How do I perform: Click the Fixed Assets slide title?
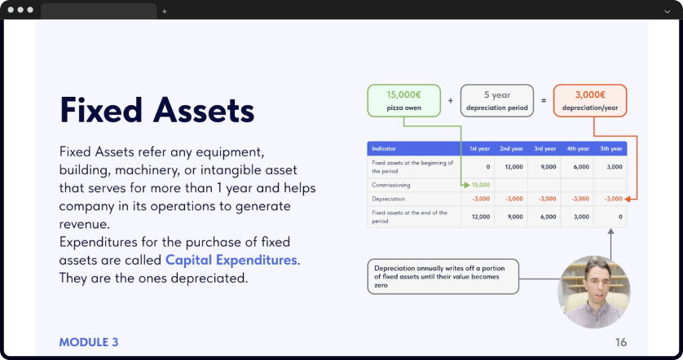pos(156,110)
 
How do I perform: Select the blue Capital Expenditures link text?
pos(231,260)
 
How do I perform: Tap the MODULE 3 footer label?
pos(89,342)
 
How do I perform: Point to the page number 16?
pos(621,342)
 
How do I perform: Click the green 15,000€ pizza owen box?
pos(403,100)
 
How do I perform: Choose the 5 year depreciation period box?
pos(497,100)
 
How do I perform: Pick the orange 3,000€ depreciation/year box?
pos(590,100)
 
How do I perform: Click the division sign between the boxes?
pos(451,100)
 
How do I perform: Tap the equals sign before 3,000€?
pos(544,100)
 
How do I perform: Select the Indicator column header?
pos(384,148)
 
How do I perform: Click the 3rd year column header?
pos(545,148)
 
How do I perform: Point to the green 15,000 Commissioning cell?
pos(481,185)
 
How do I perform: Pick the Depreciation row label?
pos(389,199)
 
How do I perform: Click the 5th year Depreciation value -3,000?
pos(613,199)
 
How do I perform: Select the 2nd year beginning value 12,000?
pos(514,167)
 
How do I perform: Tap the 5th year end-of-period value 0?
pos(620,217)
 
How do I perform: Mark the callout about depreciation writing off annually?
pos(443,277)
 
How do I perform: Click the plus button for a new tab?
pos(164,11)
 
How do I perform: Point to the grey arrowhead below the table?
pos(610,231)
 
